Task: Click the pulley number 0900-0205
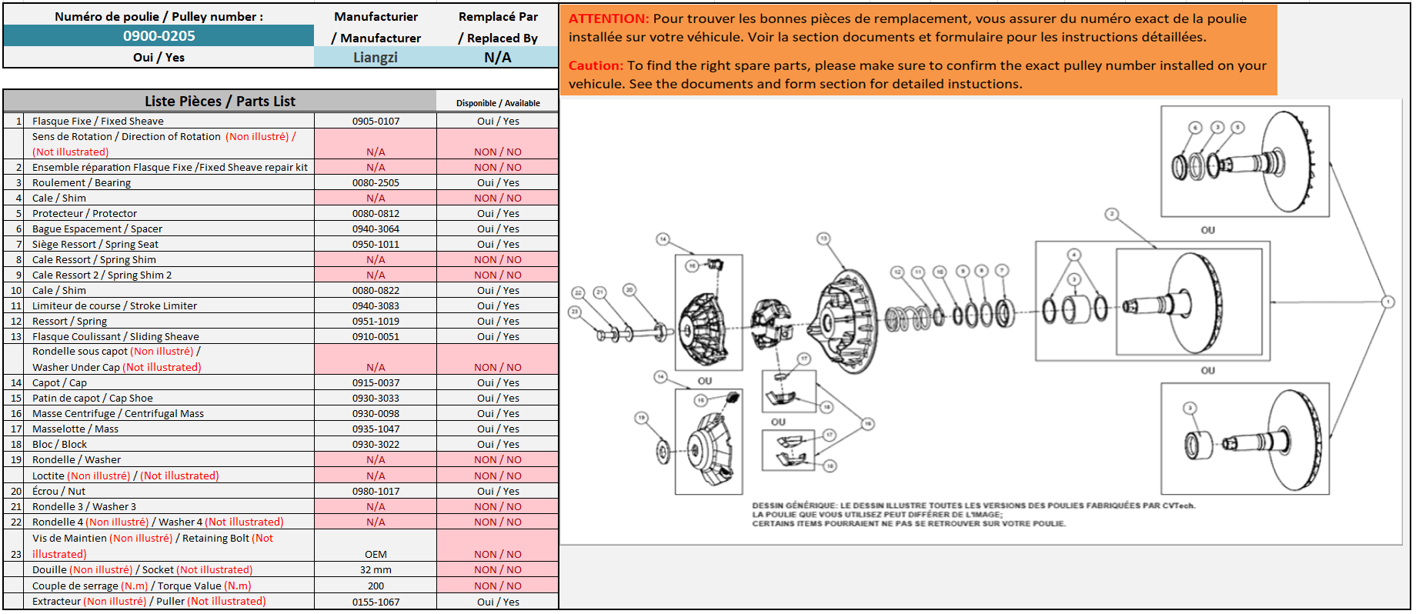(159, 36)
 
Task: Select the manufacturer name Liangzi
(375, 58)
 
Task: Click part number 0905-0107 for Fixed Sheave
(376, 122)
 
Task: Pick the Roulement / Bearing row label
(82, 183)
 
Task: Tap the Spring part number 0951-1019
(376, 322)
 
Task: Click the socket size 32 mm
(376, 570)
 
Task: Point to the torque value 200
(376, 586)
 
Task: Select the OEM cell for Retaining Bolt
(376, 555)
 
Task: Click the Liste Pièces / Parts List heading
(219, 102)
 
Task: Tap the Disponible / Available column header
(498, 103)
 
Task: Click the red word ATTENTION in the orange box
(608, 18)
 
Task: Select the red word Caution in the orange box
(595, 66)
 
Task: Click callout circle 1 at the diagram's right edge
(1387, 302)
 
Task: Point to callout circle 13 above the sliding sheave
(823, 239)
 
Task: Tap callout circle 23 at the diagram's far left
(574, 312)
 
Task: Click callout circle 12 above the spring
(896, 272)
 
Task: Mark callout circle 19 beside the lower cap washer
(641, 418)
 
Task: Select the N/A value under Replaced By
(497, 58)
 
